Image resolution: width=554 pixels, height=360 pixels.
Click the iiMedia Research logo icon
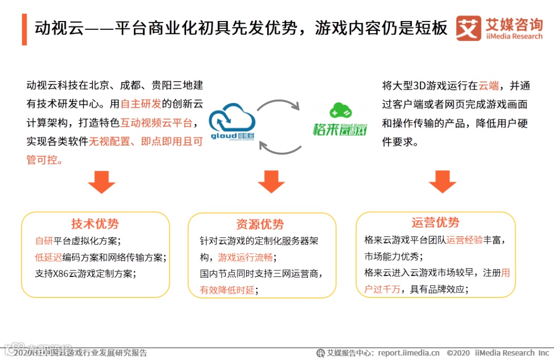click(468, 28)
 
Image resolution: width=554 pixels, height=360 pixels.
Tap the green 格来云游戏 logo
click(340, 120)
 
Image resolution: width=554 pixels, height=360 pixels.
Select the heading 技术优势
click(95, 224)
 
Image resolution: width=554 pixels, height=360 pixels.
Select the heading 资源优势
click(260, 225)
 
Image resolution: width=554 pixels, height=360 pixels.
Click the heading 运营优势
click(436, 223)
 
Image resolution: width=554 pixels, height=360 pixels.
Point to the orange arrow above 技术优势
click(101, 182)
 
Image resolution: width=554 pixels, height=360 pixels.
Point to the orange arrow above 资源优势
click(271, 182)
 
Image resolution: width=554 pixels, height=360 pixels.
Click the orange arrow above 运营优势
click(442, 182)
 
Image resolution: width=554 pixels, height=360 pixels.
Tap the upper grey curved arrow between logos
click(279, 103)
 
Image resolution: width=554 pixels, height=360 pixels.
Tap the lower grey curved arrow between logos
click(280, 146)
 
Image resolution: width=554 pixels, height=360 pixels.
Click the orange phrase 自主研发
click(141, 104)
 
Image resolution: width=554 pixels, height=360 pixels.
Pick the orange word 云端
click(489, 86)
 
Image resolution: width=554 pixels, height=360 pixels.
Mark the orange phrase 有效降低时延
click(227, 290)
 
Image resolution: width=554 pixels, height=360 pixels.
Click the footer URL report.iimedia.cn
click(409, 353)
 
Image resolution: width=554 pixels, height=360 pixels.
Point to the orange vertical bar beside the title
click(24, 29)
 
